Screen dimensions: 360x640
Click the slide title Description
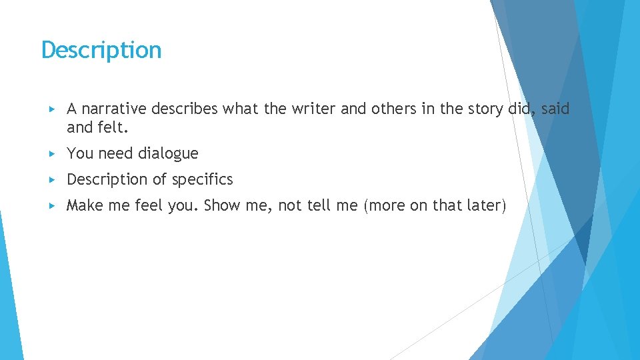point(101,50)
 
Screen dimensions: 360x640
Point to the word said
point(555,109)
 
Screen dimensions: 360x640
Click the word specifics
point(203,179)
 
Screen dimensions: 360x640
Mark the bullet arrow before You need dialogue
point(53,153)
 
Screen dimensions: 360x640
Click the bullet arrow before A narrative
point(53,109)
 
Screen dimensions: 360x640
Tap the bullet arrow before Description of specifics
point(53,179)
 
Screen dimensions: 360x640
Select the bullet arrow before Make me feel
point(53,205)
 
